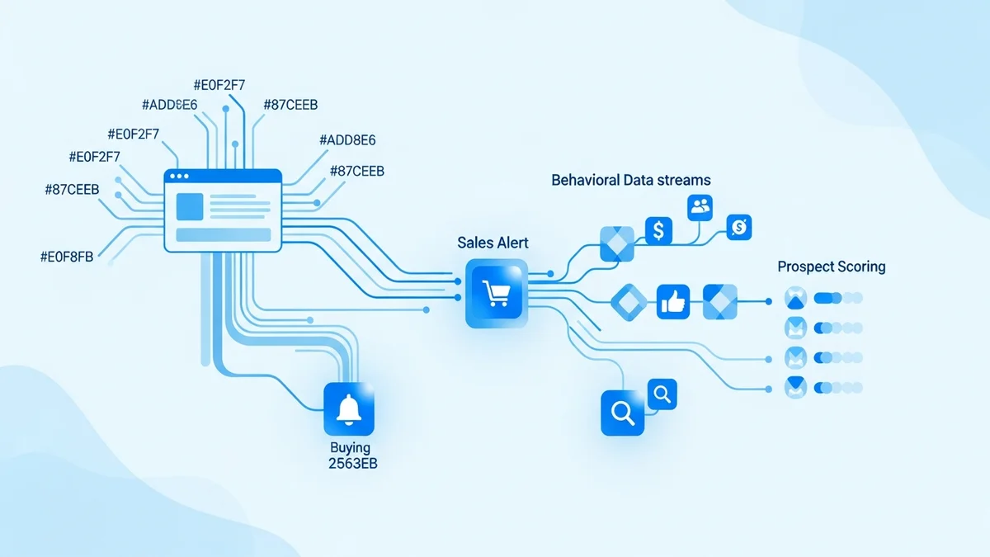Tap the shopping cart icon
(x=496, y=293)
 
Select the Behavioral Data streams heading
(x=631, y=180)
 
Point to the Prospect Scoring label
(x=831, y=267)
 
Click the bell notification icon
(x=350, y=408)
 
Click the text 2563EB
(x=352, y=464)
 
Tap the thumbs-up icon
(x=673, y=303)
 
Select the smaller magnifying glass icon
(x=662, y=394)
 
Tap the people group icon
(x=700, y=206)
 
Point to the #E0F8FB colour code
(x=67, y=257)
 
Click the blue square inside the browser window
(x=189, y=206)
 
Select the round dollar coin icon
(x=739, y=225)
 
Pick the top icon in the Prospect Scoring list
(x=795, y=298)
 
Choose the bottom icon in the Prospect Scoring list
(x=795, y=386)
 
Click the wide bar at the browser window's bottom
(x=224, y=235)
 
